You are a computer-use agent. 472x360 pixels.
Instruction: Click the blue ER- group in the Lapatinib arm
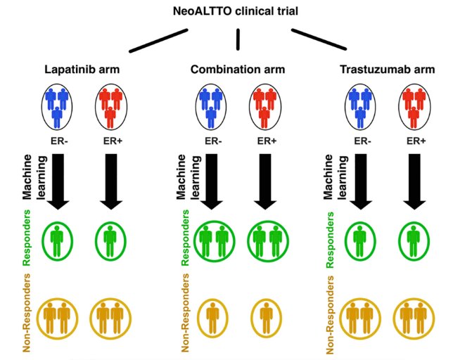pyautogui.click(x=57, y=107)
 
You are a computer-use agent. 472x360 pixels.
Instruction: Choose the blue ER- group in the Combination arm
pyautogui.click(x=211, y=107)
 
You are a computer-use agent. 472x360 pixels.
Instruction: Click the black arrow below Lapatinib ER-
pyautogui.click(x=58, y=181)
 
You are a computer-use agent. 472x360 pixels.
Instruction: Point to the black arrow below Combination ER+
pyautogui.click(x=265, y=181)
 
